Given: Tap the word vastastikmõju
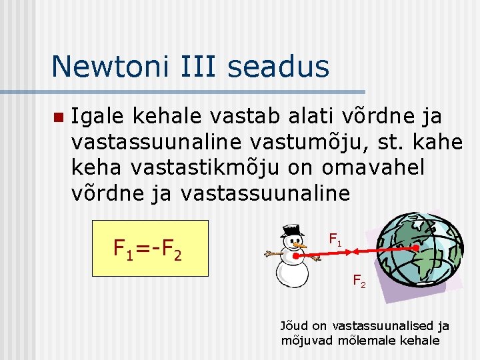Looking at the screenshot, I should pos(219,167).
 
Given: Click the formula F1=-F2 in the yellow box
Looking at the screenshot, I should pos(149,250).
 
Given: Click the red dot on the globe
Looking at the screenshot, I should pos(417,247).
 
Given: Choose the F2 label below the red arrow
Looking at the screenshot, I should pos(359,280).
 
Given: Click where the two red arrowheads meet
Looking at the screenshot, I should pos(354,251).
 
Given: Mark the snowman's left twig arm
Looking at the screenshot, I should pos(273,254).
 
